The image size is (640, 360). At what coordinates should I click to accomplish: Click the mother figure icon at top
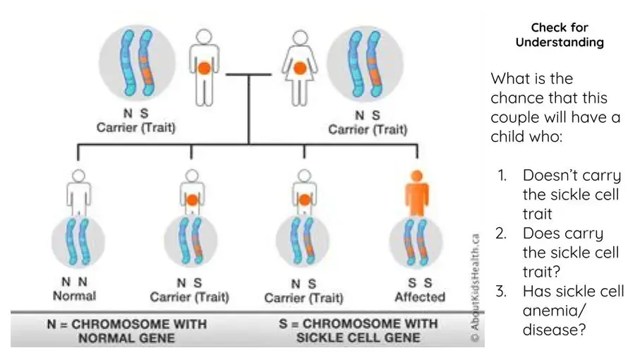[300, 68]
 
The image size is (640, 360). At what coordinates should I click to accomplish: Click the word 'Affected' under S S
[420, 296]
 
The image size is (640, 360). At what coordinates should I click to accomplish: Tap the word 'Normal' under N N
[75, 296]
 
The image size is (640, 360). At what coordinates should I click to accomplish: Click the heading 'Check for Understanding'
[560, 35]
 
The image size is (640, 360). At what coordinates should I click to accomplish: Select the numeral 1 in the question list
[500, 175]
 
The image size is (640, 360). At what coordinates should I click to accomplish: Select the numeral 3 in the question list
[500, 291]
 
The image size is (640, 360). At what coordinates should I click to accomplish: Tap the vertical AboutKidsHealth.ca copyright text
[476, 289]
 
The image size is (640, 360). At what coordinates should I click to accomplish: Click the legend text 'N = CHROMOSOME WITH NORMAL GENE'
[126, 330]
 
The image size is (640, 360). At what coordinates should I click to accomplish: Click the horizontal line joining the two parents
[248, 73]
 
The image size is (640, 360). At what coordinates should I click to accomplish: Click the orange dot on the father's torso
[204, 69]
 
